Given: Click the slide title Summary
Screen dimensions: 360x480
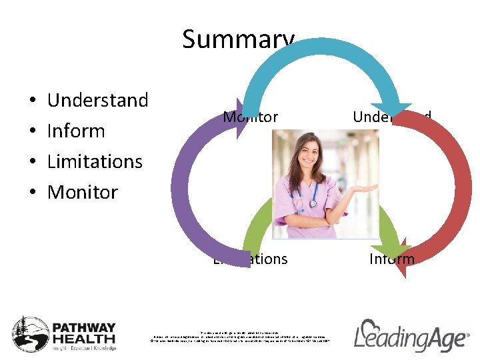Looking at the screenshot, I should [238, 39].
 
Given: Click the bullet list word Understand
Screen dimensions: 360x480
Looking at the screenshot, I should [97, 101].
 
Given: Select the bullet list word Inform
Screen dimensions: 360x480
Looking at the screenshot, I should [76, 131].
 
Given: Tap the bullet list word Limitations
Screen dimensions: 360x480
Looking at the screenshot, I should [95, 162].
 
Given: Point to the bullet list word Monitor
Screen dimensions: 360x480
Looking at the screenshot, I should [83, 193].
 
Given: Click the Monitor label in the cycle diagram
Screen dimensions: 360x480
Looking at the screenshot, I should [250, 117].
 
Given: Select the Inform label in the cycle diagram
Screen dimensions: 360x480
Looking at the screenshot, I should [391, 259].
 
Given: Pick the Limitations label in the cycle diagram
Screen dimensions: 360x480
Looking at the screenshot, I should [250, 259].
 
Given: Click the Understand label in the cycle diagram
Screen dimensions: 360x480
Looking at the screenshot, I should [391, 117].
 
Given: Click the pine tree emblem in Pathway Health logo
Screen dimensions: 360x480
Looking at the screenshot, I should [29, 333].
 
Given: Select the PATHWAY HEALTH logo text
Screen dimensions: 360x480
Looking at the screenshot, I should [84, 333].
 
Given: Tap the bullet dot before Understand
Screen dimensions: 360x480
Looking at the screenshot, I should [33, 101].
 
